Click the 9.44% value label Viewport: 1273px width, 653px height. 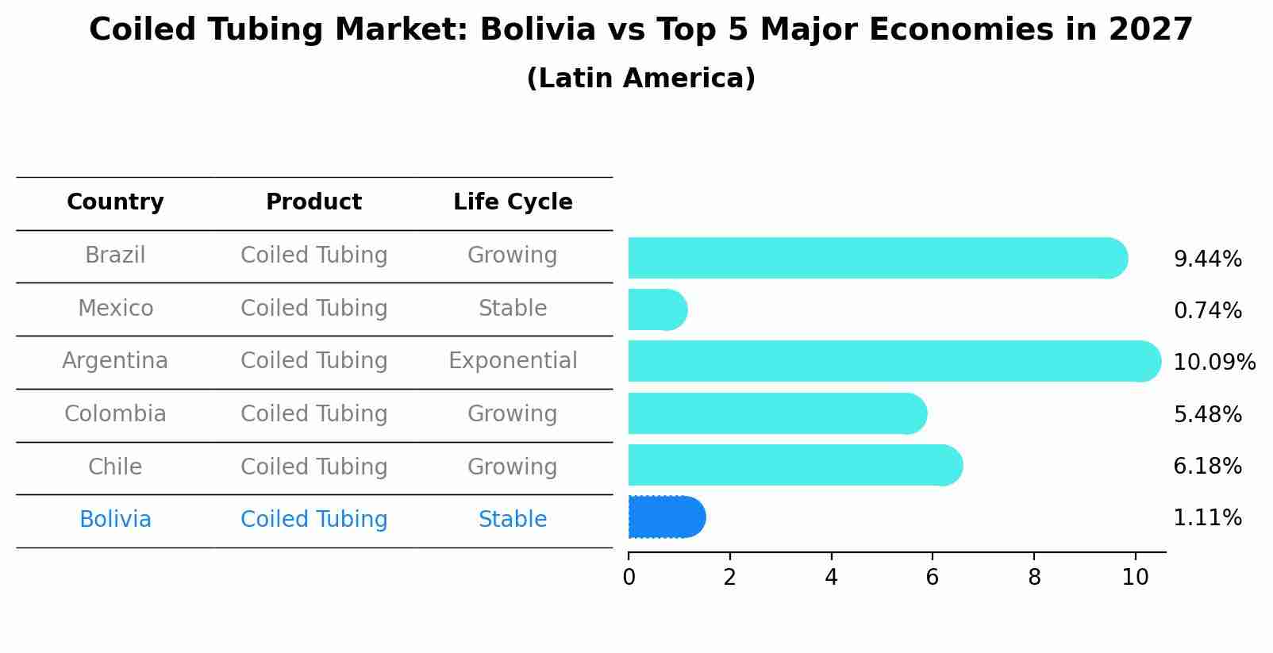(x=1207, y=259)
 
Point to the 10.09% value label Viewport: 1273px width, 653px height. (x=1213, y=363)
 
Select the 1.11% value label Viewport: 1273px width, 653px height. (x=1207, y=518)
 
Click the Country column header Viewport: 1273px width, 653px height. (x=115, y=202)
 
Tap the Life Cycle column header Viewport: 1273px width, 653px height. (x=513, y=202)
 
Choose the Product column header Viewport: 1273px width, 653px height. (x=313, y=202)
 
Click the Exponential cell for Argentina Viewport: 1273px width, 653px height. (x=513, y=361)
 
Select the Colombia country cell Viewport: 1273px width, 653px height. (x=115, y=414)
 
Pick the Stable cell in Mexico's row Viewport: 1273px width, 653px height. (x=513, y=309)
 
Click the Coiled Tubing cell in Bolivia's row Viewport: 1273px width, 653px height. (x=313, y=520)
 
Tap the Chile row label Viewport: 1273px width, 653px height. (x=115, y=467)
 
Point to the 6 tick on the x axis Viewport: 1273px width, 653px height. (x=933, y=577)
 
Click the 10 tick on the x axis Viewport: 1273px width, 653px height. (x=1135, y=577)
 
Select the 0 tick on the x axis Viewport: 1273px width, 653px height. (x=629, y=577)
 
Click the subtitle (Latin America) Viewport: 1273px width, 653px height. (x=640, y=79)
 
